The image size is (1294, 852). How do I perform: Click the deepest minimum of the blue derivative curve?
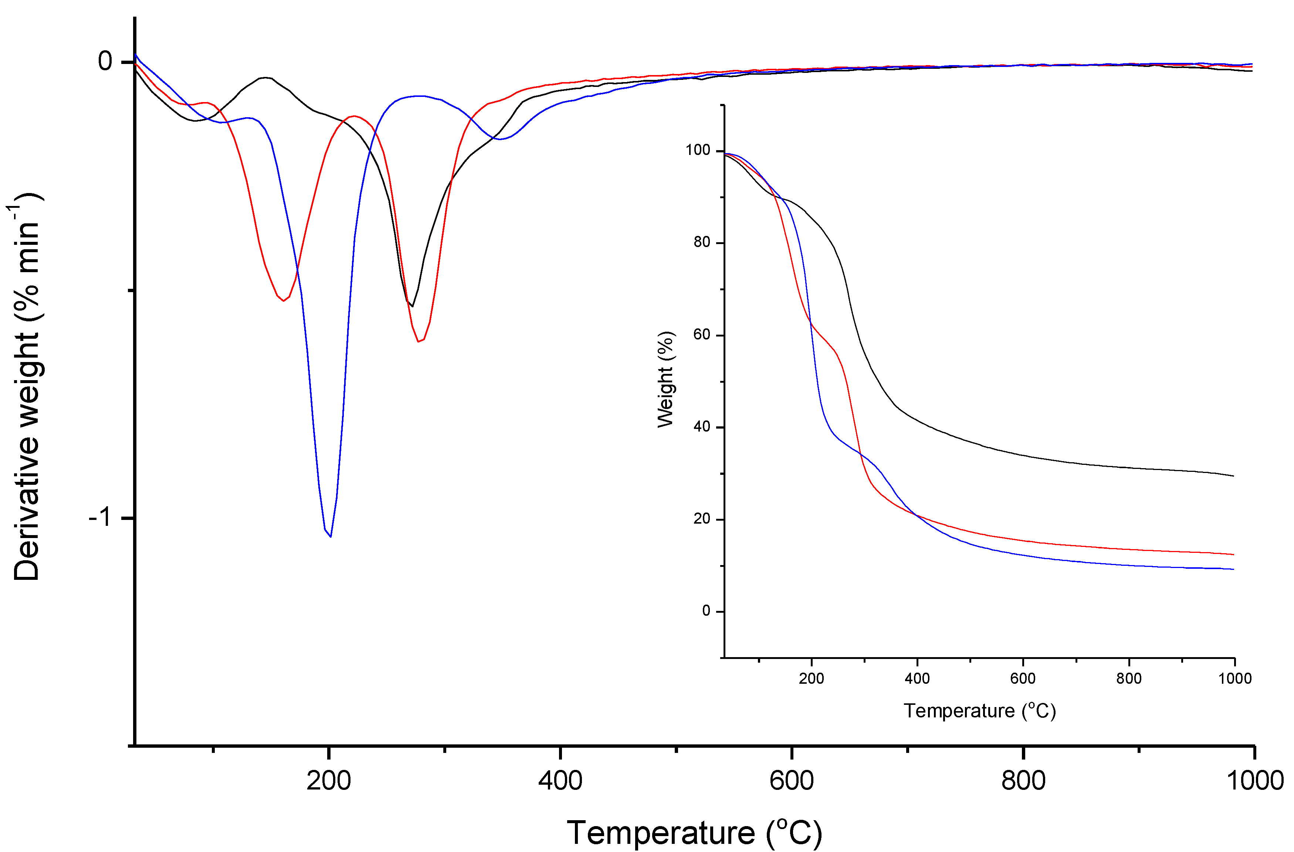331,536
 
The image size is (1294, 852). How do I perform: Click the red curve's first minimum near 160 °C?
283,301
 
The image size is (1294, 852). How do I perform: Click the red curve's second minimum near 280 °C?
419,341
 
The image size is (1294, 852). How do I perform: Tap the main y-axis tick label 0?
105,61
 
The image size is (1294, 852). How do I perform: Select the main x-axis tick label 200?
328,781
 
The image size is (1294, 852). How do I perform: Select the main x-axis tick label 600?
791,781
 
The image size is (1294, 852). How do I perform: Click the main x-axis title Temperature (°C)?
694,832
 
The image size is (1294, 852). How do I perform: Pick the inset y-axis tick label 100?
698,150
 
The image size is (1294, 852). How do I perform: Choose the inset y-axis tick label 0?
706,611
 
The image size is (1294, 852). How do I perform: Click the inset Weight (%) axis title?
665,379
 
